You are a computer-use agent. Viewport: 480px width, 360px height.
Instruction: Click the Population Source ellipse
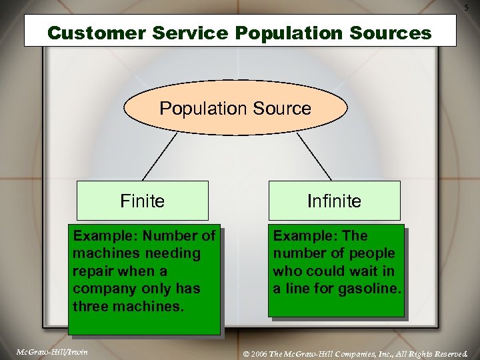coord(235,109)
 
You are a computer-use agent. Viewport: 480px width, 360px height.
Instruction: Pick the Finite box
coord(142,201)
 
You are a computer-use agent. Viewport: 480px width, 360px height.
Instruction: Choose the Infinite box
coord(334,201)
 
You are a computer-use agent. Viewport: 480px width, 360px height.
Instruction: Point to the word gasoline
coord(369,289)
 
